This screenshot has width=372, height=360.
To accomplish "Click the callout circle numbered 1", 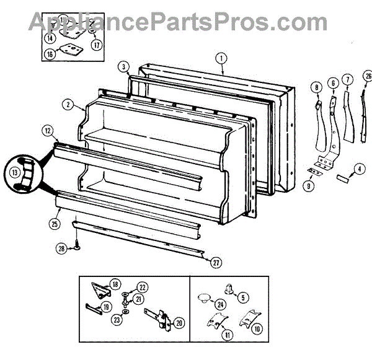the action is click(220, 59).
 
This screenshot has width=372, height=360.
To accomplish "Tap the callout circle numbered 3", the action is click(124, 67).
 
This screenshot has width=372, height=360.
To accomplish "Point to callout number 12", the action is click(47, 131).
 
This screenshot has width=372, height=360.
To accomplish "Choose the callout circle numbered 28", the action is click(61, 248).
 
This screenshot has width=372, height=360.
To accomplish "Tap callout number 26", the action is click(368, 77).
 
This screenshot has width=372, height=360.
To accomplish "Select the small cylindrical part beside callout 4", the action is click(342, 178).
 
